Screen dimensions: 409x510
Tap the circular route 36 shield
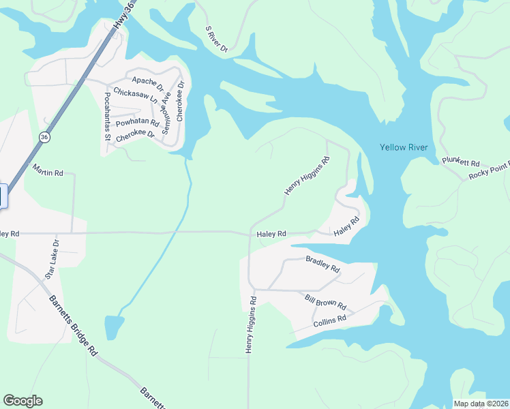click(44, 137)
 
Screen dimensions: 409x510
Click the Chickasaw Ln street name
click(136, 95)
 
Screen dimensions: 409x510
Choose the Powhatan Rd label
click(137, 123)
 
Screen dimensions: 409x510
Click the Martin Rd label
click(48, 173)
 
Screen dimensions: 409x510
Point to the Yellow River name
click(402, 147)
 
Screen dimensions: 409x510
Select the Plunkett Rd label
click(461, 162)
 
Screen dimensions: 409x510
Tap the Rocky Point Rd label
click(489, 171)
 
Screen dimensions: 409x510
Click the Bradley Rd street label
click(322, 264)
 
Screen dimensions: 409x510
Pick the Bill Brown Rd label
click(326, 301)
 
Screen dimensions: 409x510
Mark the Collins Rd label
click(330, 318)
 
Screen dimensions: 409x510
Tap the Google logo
click(22, 401)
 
